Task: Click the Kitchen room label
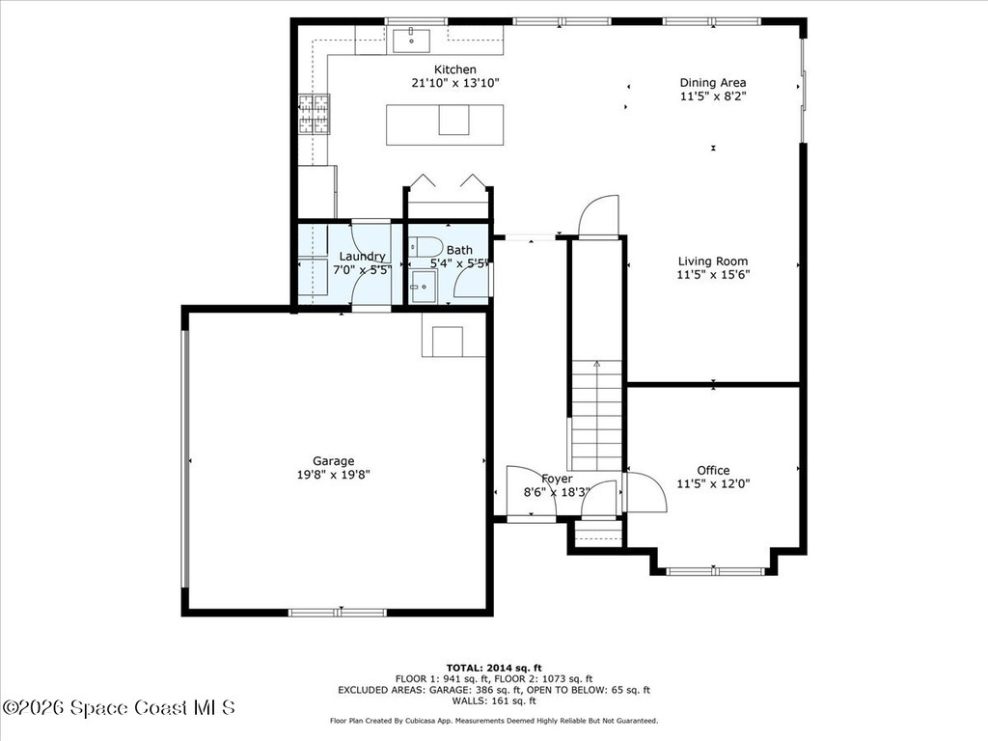(454, 69)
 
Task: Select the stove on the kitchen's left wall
(314, 115)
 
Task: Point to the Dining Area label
(713, 83)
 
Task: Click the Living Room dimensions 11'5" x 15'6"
(713, 274)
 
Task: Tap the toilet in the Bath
(425, 246)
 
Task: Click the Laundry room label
(362, 257)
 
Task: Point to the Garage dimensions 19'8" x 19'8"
(335, 474)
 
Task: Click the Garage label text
(333, 460)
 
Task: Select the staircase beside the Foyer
(596, 415)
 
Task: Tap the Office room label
(713, 470)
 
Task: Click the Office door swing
(645, 492)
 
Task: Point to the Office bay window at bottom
(714, 571)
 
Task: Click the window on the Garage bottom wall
(338, 612)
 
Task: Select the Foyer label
(557, 479)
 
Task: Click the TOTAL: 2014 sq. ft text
(494, 668)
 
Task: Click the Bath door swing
(473, 280)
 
